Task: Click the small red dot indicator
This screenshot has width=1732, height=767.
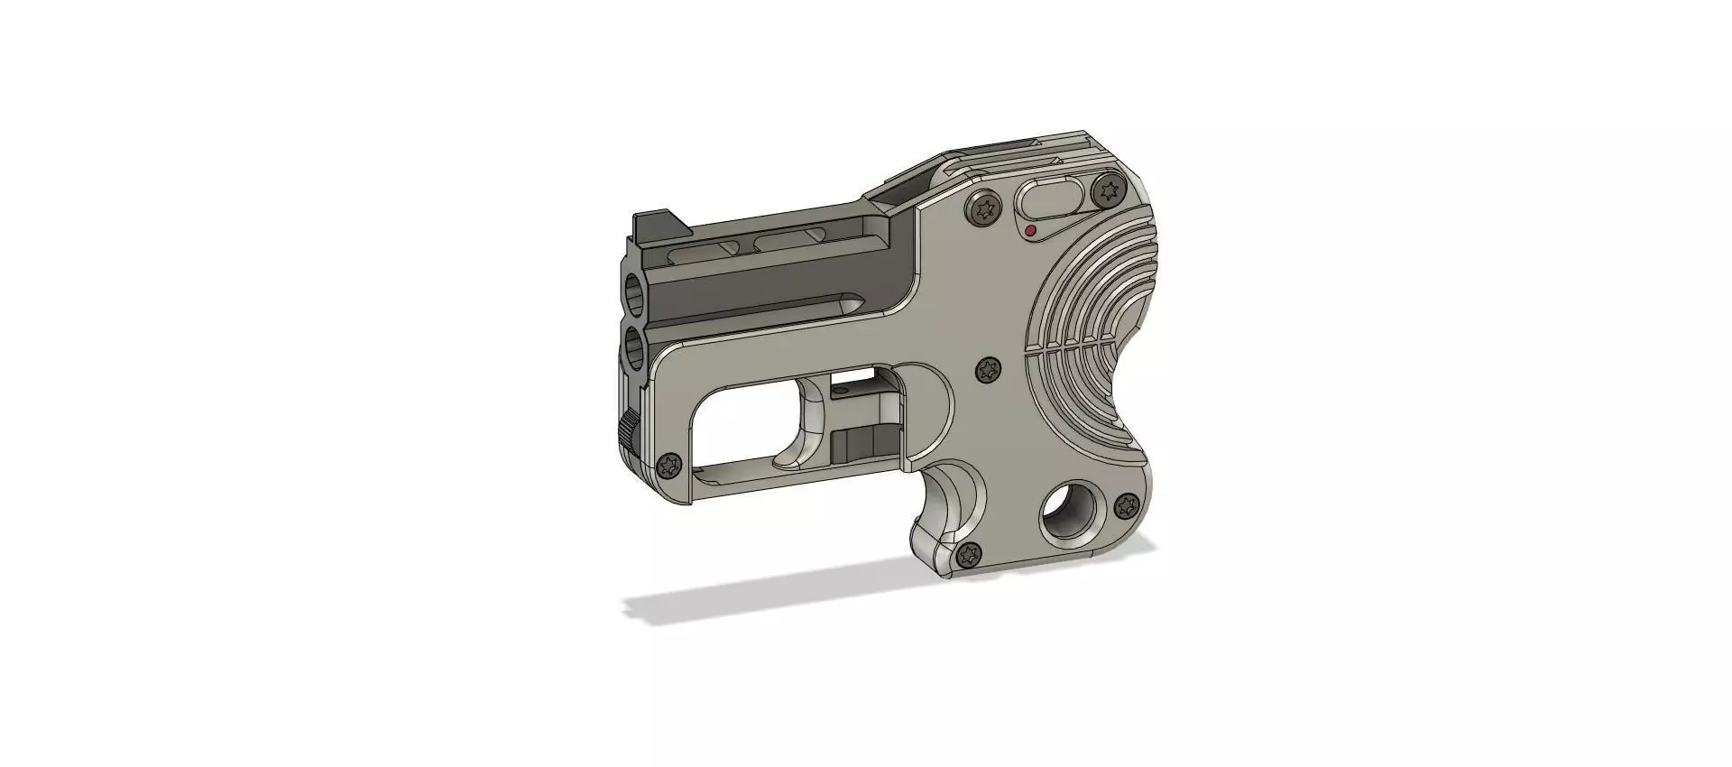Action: click(x=1030, y=231)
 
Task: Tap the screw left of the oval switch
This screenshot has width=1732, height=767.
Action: click(x=984, y=208)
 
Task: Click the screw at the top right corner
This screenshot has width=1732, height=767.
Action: click(x=1107, y=190)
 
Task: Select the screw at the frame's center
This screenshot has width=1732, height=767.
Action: click(x=990, y=370)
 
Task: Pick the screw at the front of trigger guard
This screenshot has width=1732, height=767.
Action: click(x=670, y=466)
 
